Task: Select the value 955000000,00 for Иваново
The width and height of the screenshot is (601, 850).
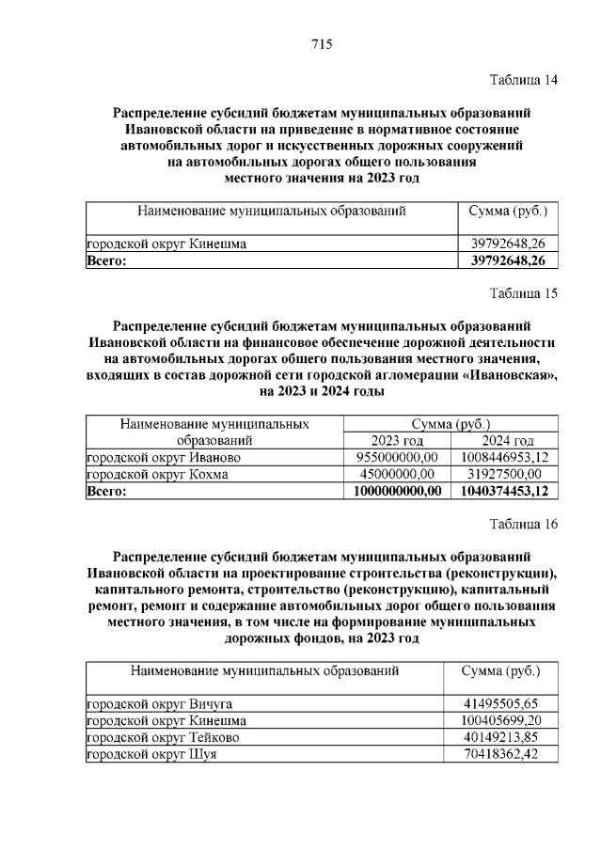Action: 397,458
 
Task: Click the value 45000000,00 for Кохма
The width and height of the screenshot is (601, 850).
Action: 397,475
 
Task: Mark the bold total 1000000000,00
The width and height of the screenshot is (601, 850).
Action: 397,492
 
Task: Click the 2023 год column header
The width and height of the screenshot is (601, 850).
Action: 397,441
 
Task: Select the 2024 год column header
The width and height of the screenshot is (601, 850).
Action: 507,441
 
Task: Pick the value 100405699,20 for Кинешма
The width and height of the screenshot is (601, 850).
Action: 500,720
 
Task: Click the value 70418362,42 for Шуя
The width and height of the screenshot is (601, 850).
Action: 500,754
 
